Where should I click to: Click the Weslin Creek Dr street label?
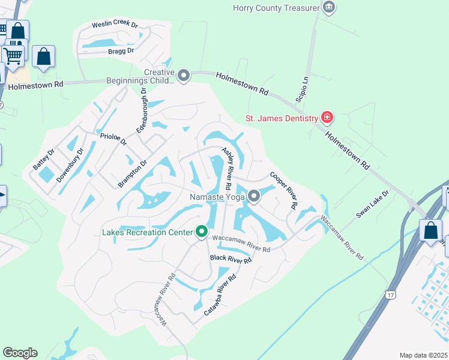click(115, 25)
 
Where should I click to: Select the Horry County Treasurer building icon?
click(328, 7)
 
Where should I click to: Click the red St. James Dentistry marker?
click(327, 118)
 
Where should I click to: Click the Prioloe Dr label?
click(113, 140)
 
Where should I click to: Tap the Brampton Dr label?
click(133, 174)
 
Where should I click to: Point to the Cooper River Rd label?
click(284, 190)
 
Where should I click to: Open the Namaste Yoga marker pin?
click(255, 196)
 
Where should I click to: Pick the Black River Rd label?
click(231, 259)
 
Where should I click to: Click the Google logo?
click(20, 353)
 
